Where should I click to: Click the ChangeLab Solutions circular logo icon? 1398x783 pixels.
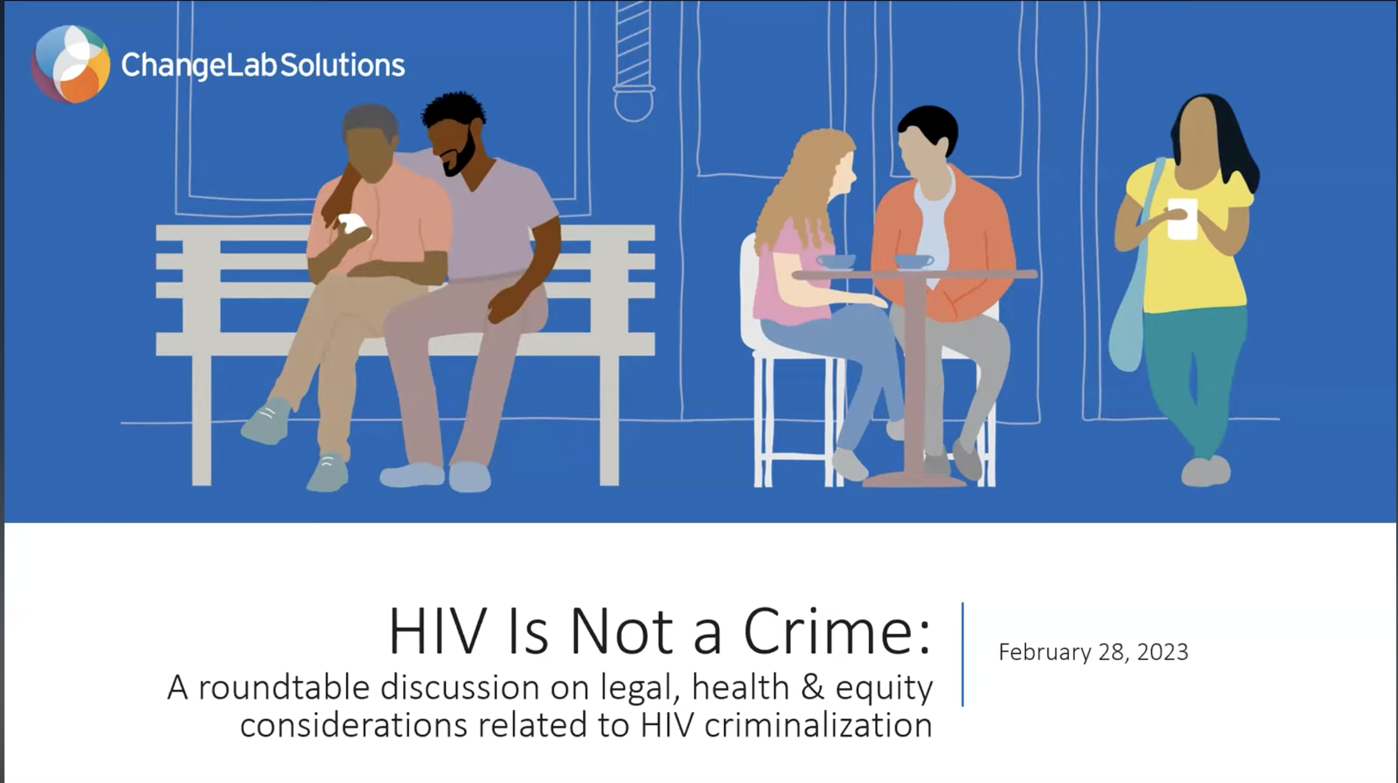coord(70,64)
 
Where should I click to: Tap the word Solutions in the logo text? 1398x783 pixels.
coord(342,65)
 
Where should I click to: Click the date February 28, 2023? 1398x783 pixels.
coord(1093,652)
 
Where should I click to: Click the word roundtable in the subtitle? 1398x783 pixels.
coord(284,687)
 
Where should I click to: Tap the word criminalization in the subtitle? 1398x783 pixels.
coord(818,725)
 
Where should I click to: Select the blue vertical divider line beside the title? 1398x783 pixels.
coord(962,654)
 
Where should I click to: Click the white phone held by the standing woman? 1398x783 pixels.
coord(1182,219)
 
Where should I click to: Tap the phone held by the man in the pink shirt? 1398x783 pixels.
coord(353,225)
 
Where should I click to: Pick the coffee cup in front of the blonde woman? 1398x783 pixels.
coord(835,261)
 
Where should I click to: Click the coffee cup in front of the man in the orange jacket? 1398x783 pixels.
coord(913,261)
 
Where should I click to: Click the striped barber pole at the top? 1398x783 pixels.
coord(633,45)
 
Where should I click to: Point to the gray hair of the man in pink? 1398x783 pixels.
coord(369,119)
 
